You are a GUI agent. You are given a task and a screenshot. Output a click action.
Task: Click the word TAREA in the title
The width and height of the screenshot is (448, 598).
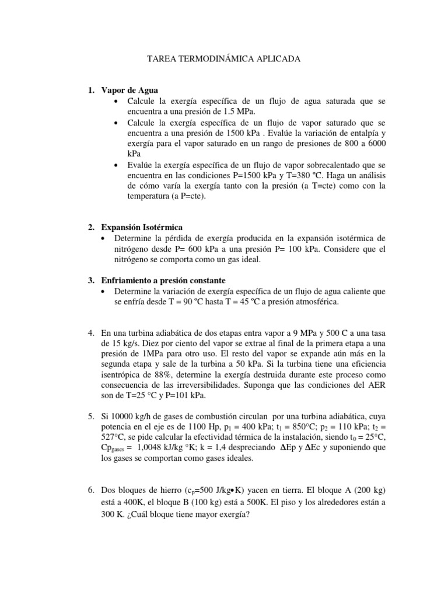(160, 60)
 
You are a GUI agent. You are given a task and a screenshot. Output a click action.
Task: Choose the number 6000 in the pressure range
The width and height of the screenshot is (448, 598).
(374, 143)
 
